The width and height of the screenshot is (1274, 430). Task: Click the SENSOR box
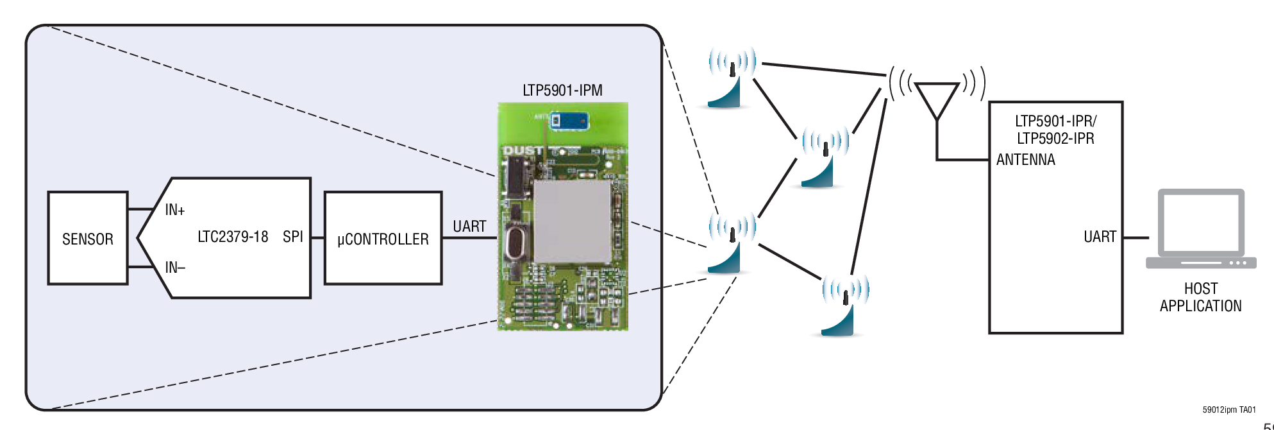click(x=88, y=239)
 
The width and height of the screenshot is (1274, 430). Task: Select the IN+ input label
click(x=174, y=210)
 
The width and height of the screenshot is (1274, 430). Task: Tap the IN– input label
click(x=174, y=267)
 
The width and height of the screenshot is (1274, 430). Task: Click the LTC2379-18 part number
click(x=233, y=237)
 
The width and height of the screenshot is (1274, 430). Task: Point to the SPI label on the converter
click(x=292, y=237)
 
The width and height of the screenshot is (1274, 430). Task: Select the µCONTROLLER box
click(x=383, y=239)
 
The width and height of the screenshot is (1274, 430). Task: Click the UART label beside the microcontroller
click(x=469, y=227)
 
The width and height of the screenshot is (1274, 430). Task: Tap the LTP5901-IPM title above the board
click(x=562, y=90)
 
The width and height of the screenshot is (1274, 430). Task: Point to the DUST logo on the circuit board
click(x=523, y=151)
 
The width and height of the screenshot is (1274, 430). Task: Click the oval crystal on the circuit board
click(x=516, y=243)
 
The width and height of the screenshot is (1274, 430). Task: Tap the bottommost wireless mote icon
click(x=844, y=305)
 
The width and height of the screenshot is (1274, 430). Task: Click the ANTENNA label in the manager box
click(x=1025, y=160)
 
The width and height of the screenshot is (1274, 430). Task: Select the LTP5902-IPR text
click(x=1055, y=139)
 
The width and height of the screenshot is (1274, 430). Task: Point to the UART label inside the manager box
click(x=1100, y=237)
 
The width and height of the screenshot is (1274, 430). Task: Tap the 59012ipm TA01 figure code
click(x=1228, y=409)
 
